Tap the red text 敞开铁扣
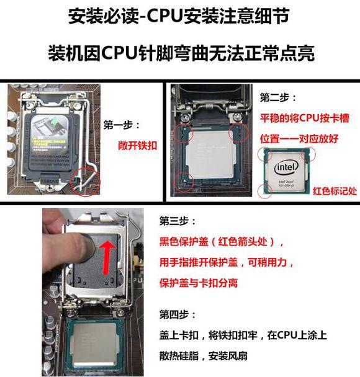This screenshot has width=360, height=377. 135,148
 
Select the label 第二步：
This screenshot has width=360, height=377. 278,98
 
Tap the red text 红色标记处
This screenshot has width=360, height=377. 335,190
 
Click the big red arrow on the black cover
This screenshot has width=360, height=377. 107,254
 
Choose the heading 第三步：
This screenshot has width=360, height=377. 178,221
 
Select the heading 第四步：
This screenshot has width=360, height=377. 178,314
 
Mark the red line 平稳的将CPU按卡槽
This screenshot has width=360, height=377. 297,118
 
